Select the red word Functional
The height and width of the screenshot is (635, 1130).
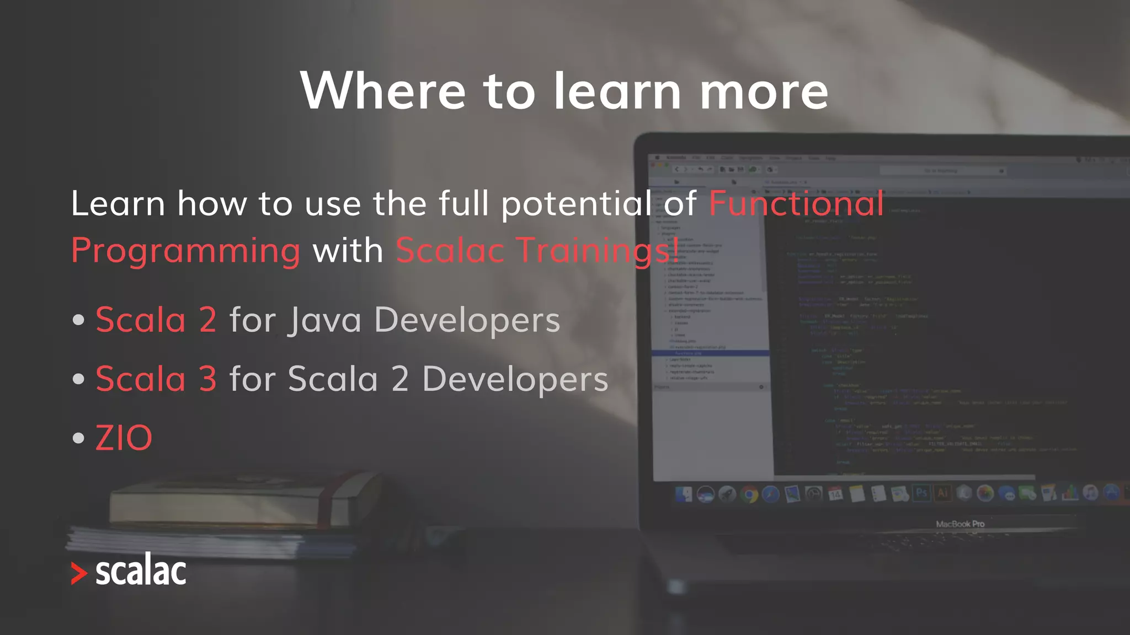pyautogui.click(x=796, y=203)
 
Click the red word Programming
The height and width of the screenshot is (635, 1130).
pyautogui.click(x=186, y=251)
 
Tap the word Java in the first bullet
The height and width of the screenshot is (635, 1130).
pyautogui.click(x=324, y=320)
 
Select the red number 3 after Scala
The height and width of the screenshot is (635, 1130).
pyautogui.click(x=207, y=379)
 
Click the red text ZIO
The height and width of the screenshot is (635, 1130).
pyautogui.click(x=124, y=438)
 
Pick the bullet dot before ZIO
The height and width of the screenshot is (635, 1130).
pyautogui.click(x=78, y=439)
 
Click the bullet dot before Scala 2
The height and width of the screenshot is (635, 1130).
pyautogui.click(x=78, y=320)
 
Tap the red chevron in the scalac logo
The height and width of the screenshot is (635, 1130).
pyautogui.click(x=79, y=573)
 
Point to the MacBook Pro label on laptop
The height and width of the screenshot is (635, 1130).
pyautogui.click(x=960, y=524)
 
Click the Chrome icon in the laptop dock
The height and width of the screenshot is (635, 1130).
pyautogui.click(x=749, y=494)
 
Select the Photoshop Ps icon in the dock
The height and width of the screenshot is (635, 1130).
pyautogui.click(x=921, y=492)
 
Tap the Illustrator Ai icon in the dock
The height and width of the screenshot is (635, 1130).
pyautogui.click(x=942, y=492)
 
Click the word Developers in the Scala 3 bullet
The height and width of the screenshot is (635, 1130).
pyautogui.click(x=515, y=379)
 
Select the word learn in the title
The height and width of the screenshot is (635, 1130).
pyautogui.click(x=617, y=90)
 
